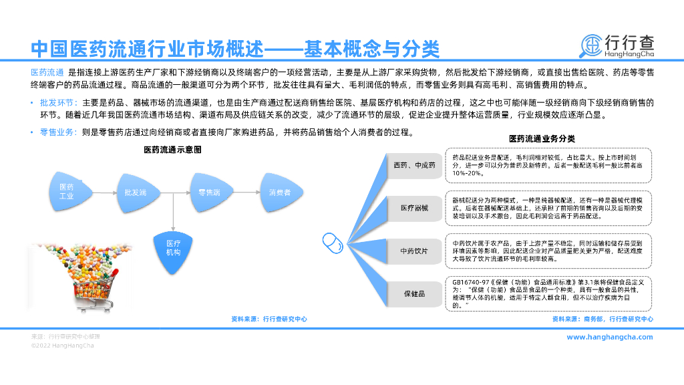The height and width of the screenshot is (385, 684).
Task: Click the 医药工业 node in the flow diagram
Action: [x=67, y=192]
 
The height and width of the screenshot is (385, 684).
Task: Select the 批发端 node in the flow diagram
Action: [x=136, y=192]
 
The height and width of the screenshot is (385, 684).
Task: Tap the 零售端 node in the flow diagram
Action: [x=209, y=192]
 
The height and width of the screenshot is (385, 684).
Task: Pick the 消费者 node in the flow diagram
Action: [x=280, y=192]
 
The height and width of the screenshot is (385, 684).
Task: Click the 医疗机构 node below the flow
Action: [x=174, y=248]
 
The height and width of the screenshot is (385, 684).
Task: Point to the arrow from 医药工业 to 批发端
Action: [x=102, y=192]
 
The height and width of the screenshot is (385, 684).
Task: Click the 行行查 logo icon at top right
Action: [x=590, y=46]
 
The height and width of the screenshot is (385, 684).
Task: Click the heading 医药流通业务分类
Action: [x=542, y=139]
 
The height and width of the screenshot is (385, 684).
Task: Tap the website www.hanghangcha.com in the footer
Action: [x=609, y=337]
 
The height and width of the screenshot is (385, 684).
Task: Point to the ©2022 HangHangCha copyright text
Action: [x=63, y=346]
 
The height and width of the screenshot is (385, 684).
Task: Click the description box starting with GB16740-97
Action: [x=548, y=293]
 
